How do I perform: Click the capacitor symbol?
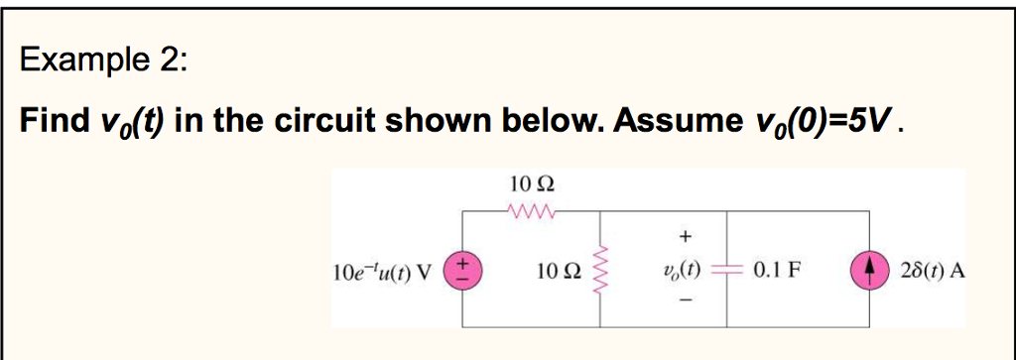coord(729,270)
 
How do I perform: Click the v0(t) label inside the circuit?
coord(684,270)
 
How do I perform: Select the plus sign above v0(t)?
coord(684,237)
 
